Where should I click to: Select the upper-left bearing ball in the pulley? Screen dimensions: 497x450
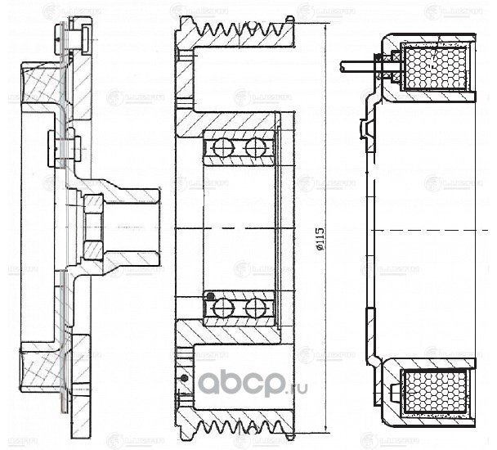tap(222, 147)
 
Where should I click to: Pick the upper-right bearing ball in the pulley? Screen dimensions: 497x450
tap(254, 147)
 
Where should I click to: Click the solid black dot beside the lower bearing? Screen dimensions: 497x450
tap(209, 295)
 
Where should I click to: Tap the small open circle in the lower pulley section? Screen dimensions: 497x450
tap(185, 378)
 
